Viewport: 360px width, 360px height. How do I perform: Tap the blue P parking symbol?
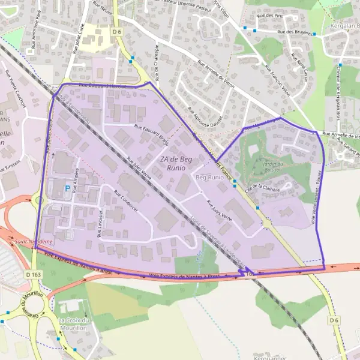[66, 188]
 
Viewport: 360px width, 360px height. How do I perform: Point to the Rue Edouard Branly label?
[151, 131]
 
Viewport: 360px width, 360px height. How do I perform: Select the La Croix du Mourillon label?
[74, 325]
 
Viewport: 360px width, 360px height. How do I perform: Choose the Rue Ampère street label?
[76, 180]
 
